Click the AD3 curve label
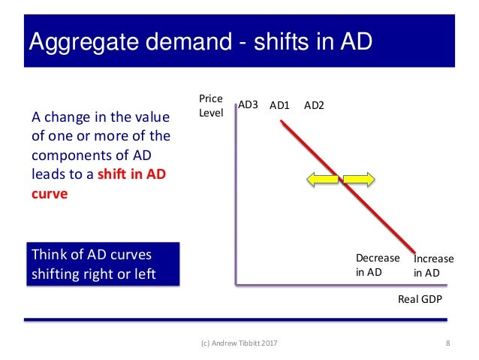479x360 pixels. (248, 106)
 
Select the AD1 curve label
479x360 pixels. (280, 106)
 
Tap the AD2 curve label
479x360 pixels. (314, 106)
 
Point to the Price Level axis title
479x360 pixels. (210, 106)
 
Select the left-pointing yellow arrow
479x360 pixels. (323, 179)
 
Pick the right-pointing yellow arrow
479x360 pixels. (359, 179)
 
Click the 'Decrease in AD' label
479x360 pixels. (372, 265)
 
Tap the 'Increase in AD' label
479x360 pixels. (433, 265)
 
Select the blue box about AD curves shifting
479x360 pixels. (104, 264)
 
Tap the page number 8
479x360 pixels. (447, 344)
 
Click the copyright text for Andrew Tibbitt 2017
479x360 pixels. (239, 344)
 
